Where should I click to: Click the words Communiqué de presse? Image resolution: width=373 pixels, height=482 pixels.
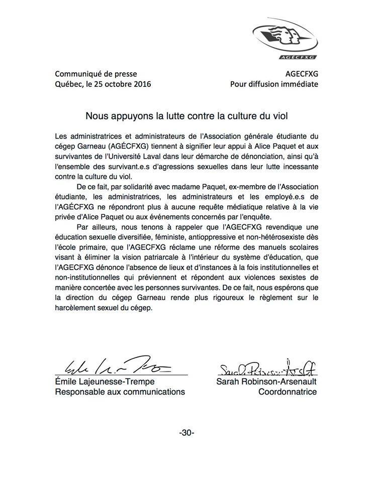tap(96, 73)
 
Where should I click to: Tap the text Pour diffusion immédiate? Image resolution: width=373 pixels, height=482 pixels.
tap(274, 84)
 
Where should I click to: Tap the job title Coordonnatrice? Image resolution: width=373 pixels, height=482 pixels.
tap(288, 392)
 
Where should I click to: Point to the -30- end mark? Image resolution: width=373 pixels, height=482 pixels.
tap(187, 432)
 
